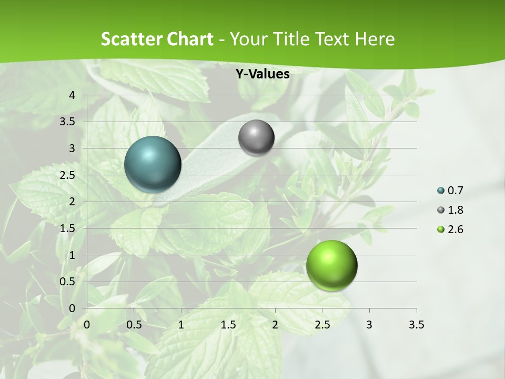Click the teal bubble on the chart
[x=153, y=164]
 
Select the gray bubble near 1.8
[x=256, y=138]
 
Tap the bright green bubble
[x=331, y=265]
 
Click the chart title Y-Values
[x=262, y=74]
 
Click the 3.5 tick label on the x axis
[x=416, y=325]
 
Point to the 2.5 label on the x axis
[x=322, y=325]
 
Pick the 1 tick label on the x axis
[x=181, y=325]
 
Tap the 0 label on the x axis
[x=87, y=325]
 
